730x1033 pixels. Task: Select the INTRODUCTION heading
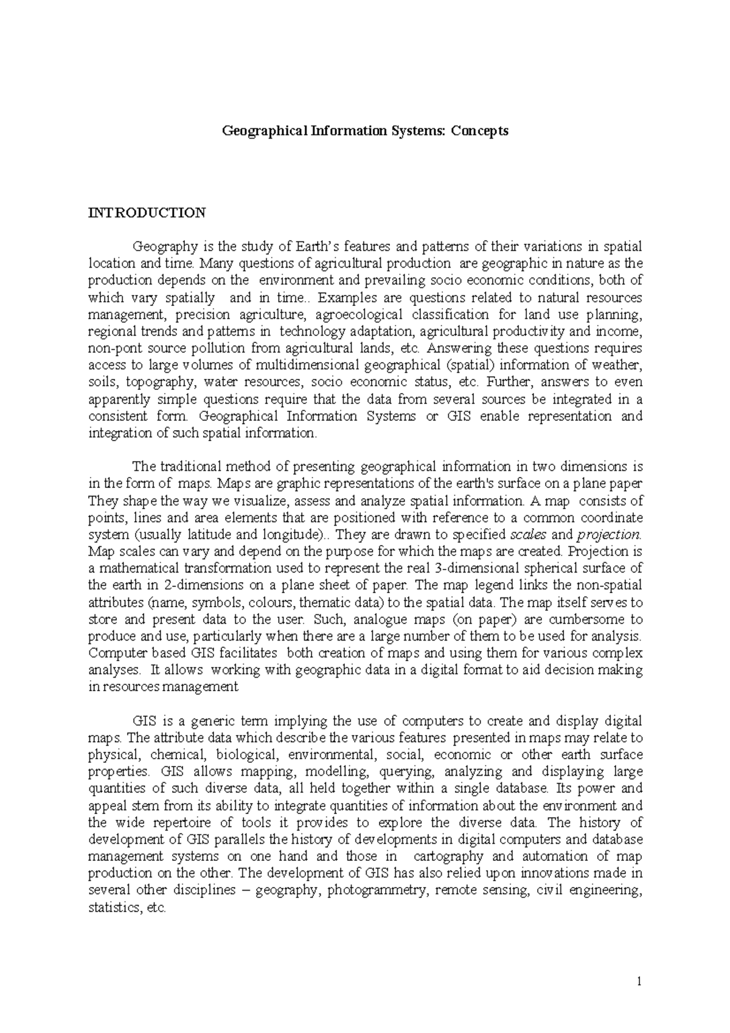[x=147, y=213]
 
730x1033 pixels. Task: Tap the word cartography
[x=448, y=857]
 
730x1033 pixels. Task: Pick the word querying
[x=406, y=772]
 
